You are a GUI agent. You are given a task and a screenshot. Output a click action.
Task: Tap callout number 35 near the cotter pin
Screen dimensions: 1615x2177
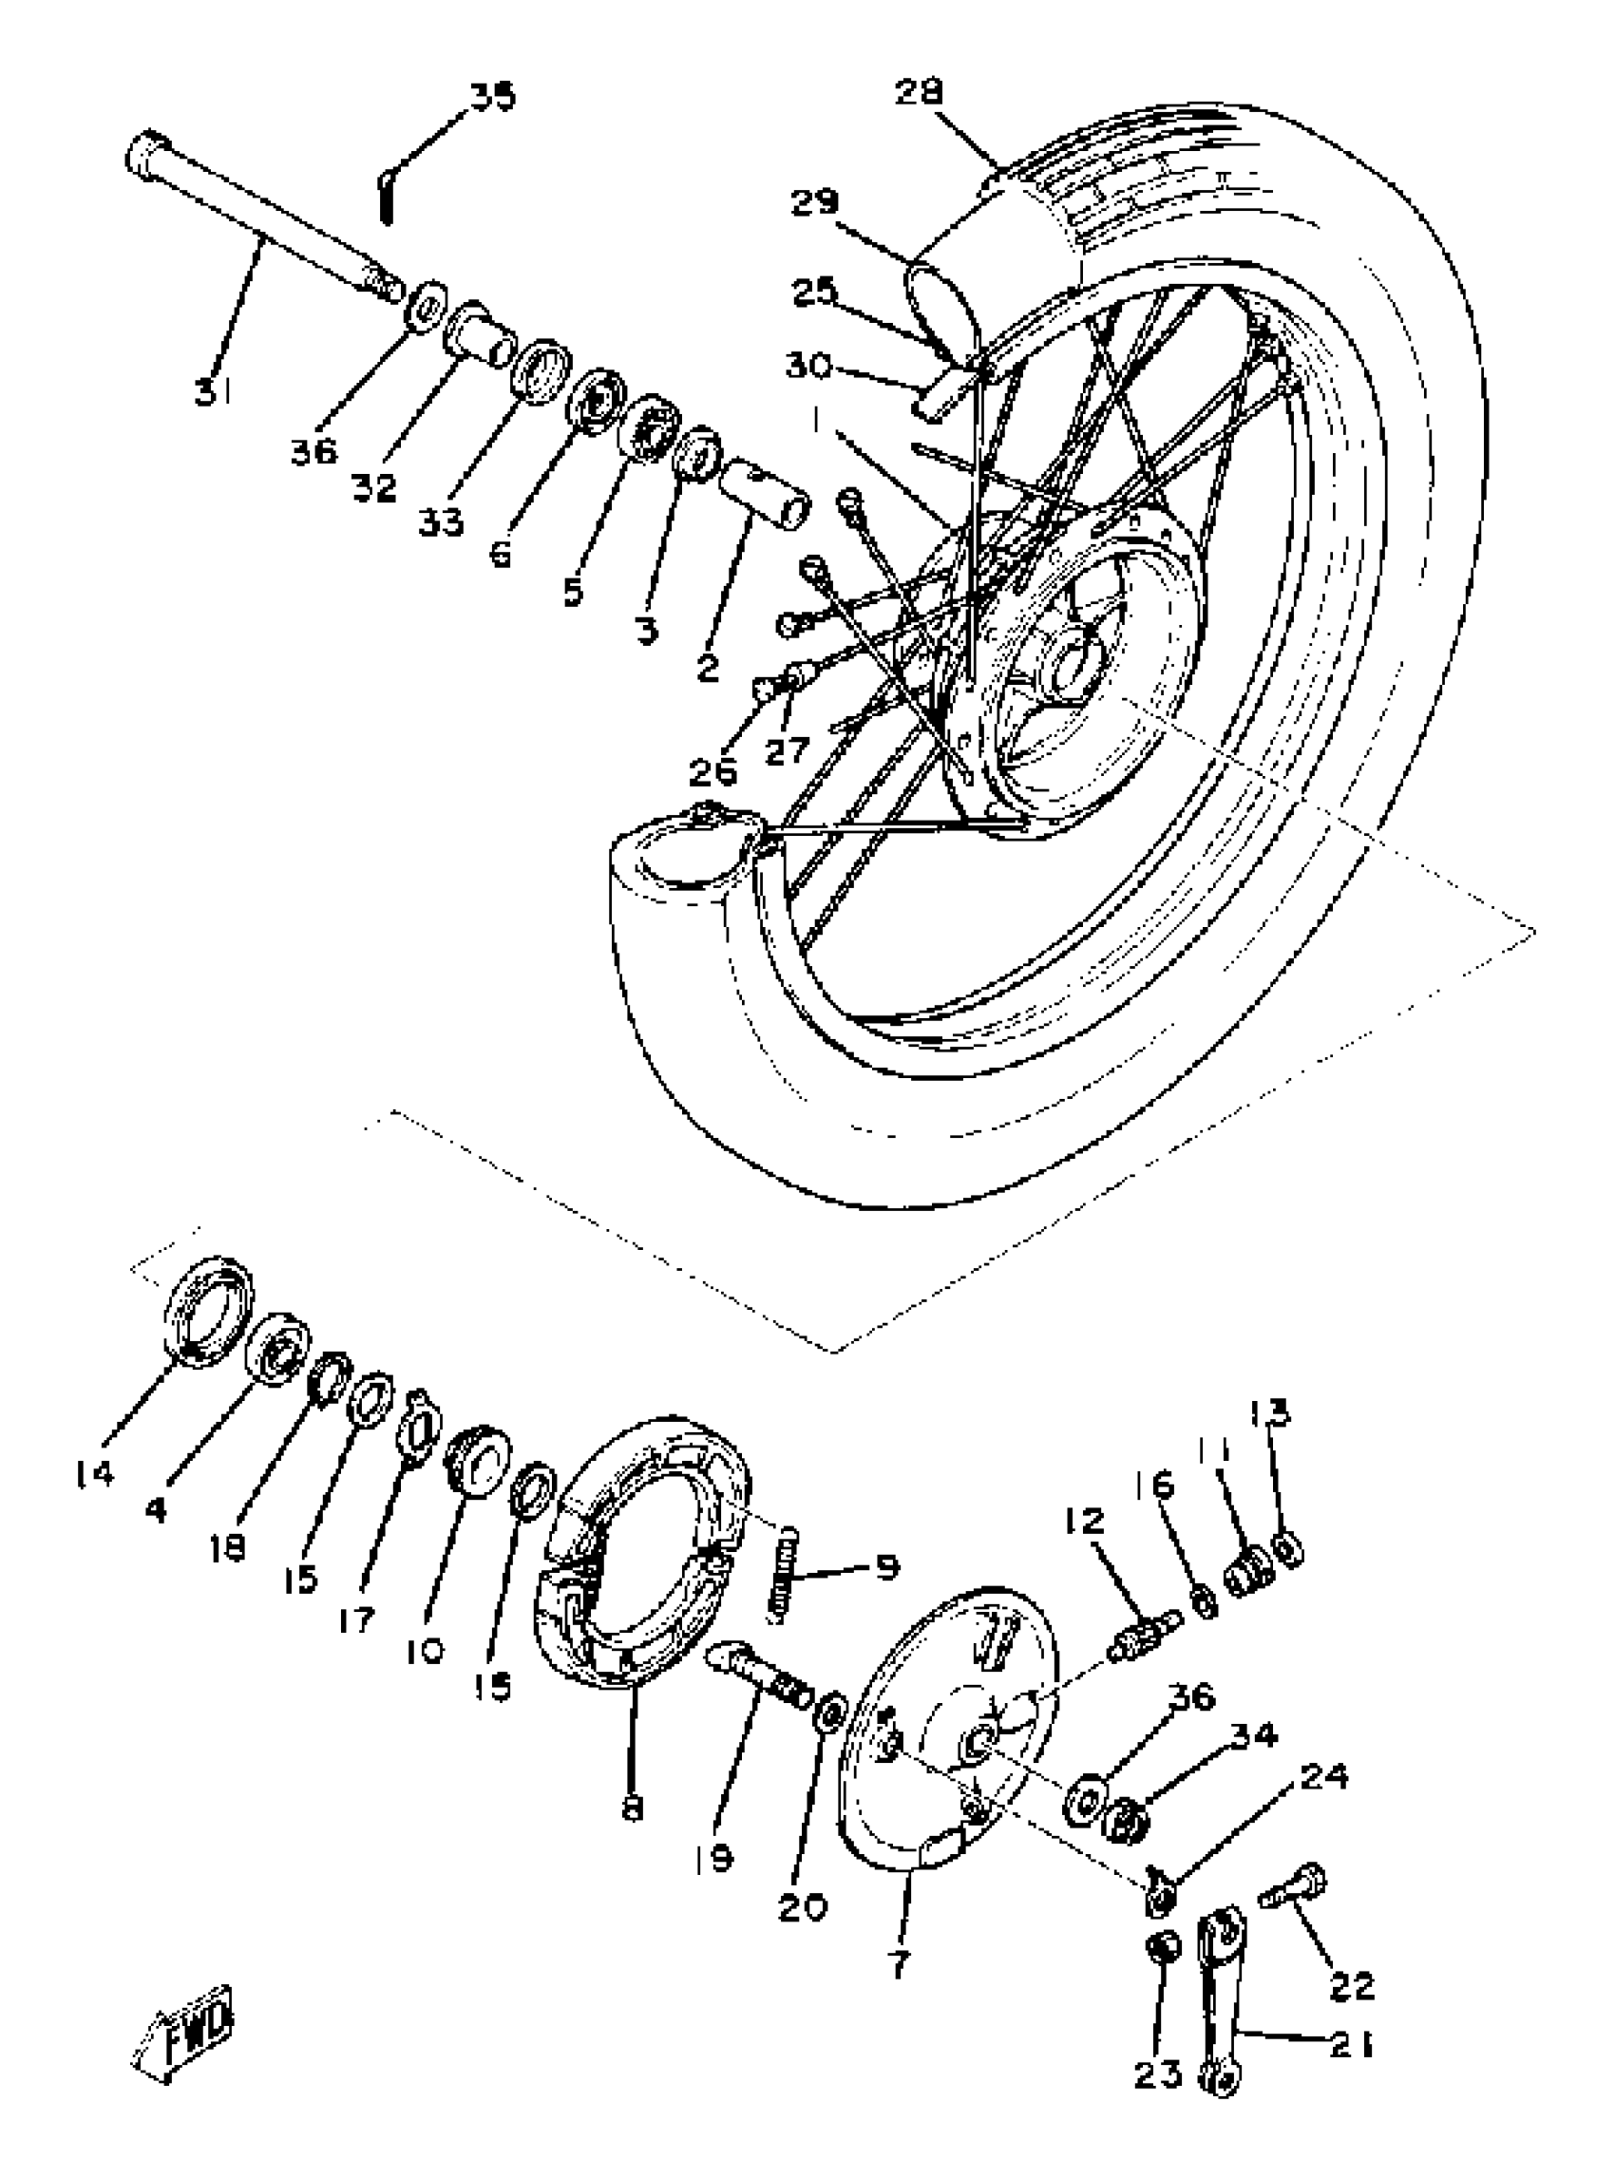pos(493,98)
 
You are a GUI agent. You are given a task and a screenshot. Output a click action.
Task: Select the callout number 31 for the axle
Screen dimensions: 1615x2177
pos(212,393)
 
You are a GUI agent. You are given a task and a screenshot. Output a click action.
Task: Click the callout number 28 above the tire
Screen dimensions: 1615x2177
pos(918,93)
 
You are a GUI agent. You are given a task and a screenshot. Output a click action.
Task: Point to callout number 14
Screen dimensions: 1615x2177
pos(94,1473)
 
